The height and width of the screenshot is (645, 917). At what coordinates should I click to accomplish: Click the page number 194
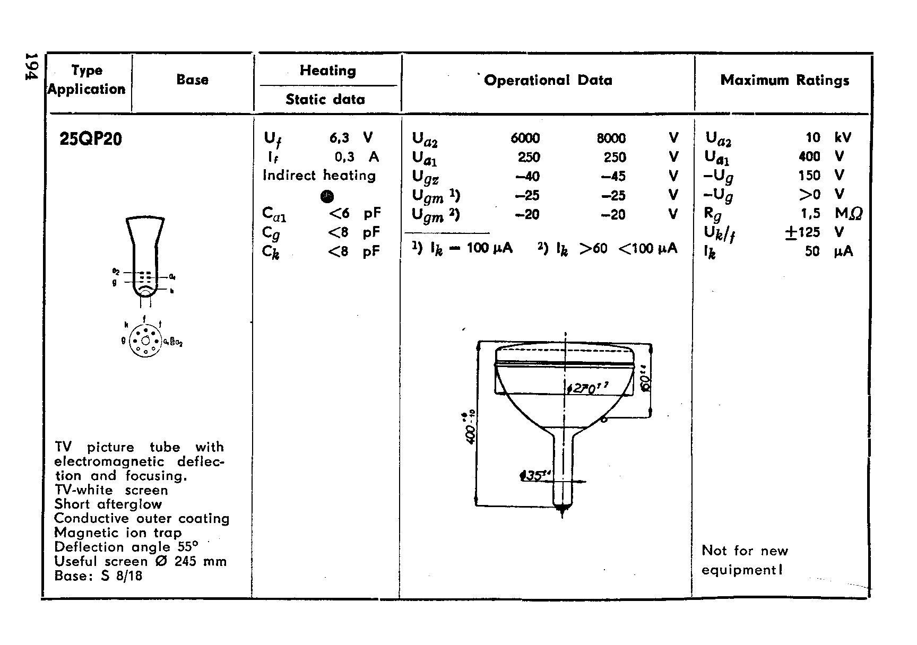click(32, 66)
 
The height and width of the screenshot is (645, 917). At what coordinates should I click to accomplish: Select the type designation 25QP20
click(91, 139)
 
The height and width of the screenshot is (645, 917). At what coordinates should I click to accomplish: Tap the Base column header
click(192, 80)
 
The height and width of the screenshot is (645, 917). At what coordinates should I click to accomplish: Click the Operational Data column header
click(548, 80)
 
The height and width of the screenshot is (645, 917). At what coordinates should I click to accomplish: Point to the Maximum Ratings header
click(784, 80)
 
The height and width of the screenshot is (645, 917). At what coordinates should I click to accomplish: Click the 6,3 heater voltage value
click(339, 138)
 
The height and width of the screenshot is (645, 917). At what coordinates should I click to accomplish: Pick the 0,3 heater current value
click(344, 157)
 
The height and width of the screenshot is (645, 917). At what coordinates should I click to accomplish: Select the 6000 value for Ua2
click(525, 138)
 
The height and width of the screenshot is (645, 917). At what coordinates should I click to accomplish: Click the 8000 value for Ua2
click(611, 138)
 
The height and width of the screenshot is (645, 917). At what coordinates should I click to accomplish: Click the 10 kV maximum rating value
click(812, 138)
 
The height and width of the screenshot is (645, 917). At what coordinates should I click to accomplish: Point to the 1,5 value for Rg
click(811, 213)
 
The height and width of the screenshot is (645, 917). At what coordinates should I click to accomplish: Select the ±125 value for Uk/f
click(802, 232)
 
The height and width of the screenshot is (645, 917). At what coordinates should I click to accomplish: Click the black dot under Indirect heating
click(327, 197)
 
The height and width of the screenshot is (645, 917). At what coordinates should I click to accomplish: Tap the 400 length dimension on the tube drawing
click(471, 427)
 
